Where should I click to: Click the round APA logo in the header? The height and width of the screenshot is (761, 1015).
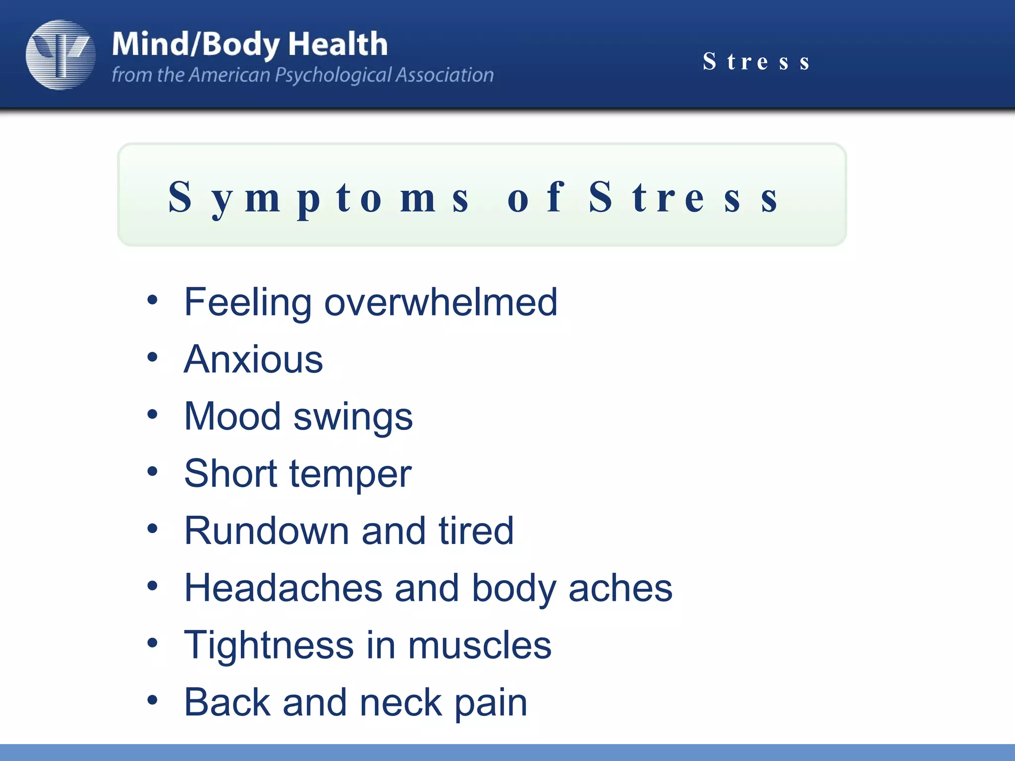[60, 54]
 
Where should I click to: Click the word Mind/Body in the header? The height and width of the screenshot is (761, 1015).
[196, 45]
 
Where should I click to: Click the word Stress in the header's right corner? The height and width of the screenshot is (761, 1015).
[756, 62]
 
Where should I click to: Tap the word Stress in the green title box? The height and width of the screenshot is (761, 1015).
[684, 198]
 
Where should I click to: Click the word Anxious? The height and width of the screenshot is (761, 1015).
[253, 359]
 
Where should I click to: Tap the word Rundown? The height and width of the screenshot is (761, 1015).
[266, 531]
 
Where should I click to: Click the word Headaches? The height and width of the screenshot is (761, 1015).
[283, 588]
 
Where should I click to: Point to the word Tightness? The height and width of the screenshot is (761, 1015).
[269, 645]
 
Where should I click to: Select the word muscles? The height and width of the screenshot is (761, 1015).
[479, 645]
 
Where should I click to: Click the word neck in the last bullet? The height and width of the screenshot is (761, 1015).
[401, 703]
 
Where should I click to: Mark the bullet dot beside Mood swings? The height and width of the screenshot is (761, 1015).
[152, 414]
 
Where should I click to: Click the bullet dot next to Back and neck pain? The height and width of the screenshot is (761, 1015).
[152, 700]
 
